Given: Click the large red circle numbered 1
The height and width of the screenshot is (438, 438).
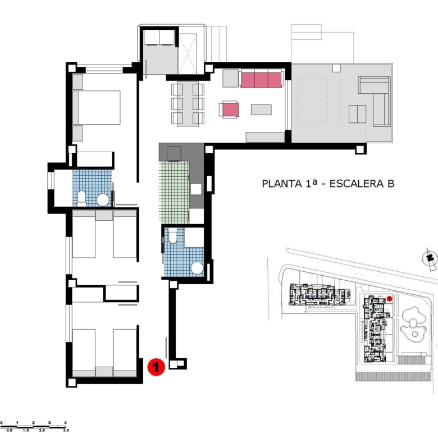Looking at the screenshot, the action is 156,367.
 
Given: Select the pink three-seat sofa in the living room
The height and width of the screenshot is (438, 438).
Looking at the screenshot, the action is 261,80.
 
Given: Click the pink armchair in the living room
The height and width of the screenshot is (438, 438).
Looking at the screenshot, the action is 229,109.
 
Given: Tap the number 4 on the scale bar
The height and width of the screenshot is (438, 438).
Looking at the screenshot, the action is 65,423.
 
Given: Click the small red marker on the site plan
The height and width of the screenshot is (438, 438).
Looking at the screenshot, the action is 390,299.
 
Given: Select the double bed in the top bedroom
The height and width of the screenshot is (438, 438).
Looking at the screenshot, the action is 97,108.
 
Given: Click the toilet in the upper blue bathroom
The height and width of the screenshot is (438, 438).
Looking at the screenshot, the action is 81,198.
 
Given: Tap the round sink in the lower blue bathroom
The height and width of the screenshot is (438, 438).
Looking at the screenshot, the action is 197,268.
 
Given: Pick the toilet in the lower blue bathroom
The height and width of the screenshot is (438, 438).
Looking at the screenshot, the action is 172,235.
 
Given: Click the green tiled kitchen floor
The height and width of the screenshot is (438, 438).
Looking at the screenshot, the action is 174,193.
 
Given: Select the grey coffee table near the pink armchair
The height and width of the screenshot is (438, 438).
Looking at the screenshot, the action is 261,109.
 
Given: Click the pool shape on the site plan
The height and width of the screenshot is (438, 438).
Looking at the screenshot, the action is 413,324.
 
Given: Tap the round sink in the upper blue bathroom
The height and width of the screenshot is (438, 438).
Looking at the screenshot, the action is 103,200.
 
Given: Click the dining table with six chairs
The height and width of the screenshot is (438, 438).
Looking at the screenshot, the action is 188,104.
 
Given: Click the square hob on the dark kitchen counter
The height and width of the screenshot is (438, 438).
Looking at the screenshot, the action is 174,154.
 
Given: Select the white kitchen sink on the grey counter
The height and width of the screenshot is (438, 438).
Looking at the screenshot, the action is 196,189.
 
